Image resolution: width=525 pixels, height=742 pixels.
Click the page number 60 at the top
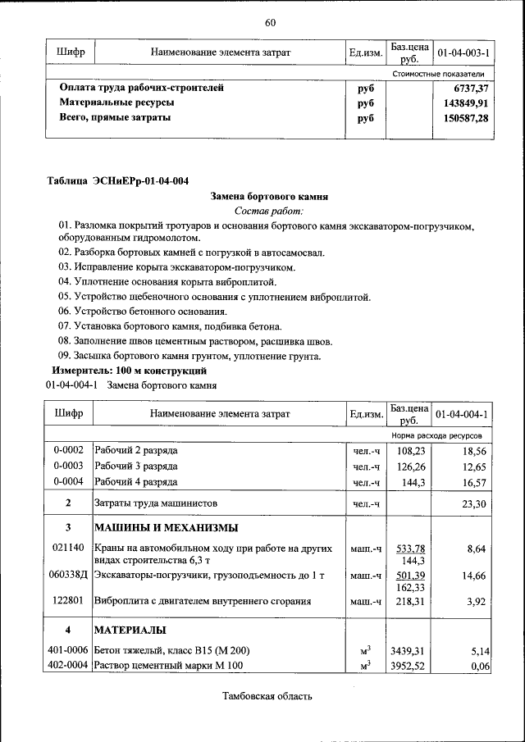click(270, 22)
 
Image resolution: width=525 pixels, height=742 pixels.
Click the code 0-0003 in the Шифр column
click(68, 467)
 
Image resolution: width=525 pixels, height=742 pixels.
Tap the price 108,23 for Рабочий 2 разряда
click(409, 451)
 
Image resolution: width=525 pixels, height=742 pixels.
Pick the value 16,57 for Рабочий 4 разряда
click(475, 482)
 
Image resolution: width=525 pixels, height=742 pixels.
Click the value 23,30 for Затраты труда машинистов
click(475, 503)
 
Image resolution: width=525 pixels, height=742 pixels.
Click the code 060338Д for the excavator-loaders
click(69, 576)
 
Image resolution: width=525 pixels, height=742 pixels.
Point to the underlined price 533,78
click(409, 548)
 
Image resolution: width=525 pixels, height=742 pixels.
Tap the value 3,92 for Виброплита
click(477, 601)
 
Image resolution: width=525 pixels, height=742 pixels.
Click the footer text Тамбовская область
click(267, 697)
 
